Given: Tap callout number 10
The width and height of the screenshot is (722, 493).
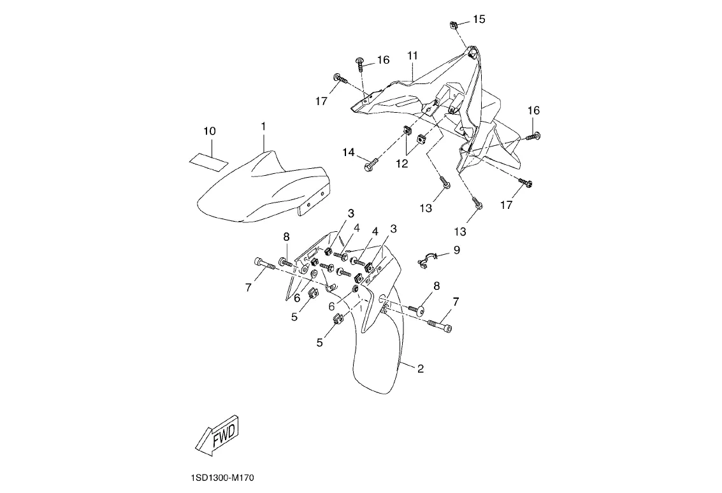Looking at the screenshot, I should [210, 131].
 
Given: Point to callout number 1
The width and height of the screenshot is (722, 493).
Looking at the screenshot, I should [263, 127].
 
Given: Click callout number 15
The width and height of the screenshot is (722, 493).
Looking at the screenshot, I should [479, 19].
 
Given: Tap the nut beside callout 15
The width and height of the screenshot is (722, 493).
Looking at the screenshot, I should [454, 25].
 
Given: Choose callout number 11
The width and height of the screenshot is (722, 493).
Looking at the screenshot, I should [412, 56].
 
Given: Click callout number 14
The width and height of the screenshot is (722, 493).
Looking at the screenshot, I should [348, 152].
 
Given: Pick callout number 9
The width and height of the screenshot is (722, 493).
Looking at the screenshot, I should [456, 250].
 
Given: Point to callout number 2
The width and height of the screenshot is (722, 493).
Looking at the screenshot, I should [421, 368].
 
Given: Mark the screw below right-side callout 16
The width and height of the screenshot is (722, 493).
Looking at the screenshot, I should [532, 136].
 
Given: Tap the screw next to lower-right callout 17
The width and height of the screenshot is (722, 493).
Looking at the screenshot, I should [526, 183].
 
